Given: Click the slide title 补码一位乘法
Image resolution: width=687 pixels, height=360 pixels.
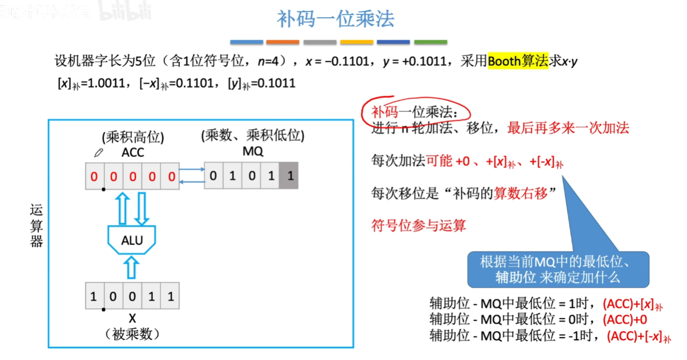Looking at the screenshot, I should tap(336, 19).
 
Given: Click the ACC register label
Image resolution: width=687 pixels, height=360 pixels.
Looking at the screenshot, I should tap(133, 153).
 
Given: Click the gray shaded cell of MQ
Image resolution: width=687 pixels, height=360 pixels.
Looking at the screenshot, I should tap(289, 175).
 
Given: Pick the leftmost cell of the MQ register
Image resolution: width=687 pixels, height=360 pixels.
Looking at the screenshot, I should tap(214, 175).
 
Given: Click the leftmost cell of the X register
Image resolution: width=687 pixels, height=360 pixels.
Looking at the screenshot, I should tap(94, 297).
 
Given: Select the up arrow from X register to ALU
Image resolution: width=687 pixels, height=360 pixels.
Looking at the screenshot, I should tap(132, 268).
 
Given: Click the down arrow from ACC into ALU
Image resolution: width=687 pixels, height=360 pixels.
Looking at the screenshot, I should tap(141, 208).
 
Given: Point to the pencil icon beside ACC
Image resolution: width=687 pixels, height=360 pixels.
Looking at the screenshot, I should tap(98, 153).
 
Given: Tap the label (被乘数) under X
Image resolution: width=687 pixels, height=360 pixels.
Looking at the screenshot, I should tap(132, 334).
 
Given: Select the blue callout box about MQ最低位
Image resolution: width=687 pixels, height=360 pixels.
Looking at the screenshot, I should tap(558, 269).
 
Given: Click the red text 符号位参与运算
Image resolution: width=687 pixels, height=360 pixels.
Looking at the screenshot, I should tap(418, 225).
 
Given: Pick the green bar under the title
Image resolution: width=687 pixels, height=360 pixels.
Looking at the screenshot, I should tap(430, 42).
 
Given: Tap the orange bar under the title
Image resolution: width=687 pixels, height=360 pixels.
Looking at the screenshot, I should tap(283, 42).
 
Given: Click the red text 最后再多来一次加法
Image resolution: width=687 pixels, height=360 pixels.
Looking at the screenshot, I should tap(568, 128).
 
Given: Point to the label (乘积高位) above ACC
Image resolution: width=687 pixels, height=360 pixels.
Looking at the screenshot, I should tap(133, 137).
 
